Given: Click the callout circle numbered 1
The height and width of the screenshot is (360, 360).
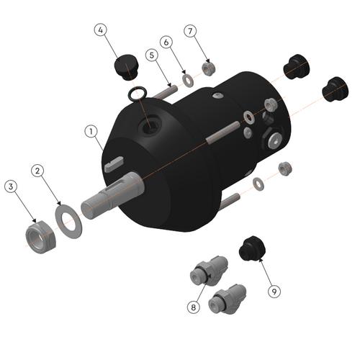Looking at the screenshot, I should [x=91, y=132].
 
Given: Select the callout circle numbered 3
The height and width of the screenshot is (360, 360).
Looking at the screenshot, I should [x=11, y=186].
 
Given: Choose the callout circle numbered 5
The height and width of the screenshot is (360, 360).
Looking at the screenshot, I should [x=151, y=55].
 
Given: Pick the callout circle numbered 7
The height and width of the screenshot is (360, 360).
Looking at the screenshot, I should [x=190, y=32].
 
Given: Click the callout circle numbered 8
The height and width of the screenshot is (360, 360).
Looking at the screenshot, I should [x=193, y=307].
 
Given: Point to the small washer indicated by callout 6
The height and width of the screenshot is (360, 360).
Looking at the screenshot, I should [x=188, y=78].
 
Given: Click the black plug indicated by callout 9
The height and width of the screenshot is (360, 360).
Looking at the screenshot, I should [x=251, y=248].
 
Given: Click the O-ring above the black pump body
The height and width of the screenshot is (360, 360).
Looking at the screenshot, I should [x=138, y=94].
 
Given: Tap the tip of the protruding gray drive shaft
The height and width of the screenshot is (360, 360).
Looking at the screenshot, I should [x=89, y=209].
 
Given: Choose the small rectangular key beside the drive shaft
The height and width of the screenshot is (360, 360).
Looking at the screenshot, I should [x=114, y=166].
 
